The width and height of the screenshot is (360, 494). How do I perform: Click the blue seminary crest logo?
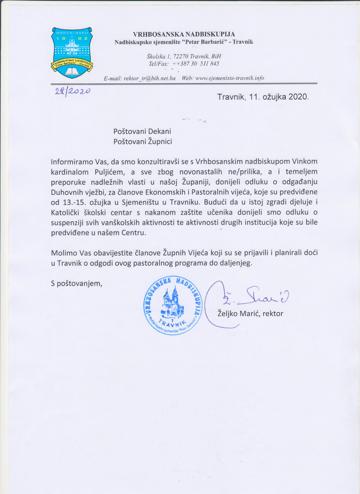tap(72, 52)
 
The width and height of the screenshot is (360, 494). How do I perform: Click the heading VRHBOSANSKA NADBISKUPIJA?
tap(184, 34)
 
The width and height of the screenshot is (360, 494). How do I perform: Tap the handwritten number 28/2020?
tap(73, 92)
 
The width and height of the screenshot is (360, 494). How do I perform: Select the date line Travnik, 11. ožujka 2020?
tap(263, 97)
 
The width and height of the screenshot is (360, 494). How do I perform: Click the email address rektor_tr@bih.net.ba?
tap(149, 78)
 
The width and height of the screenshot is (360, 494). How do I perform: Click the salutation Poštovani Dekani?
tap(142, 131)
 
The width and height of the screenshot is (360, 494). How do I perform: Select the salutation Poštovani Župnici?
tap(142, 142)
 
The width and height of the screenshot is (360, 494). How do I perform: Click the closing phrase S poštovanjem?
tap(76, 283)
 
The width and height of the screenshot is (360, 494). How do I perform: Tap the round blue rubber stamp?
tap(173, 304)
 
